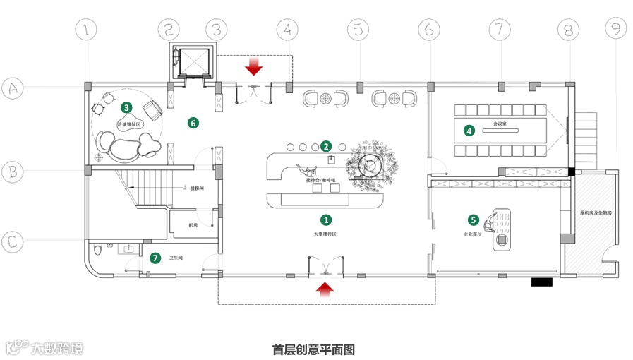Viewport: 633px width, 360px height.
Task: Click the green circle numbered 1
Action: pyautogui.click(x=325, y=220)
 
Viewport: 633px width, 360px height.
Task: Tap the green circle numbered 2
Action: pyautogui.click(x=326, y=146)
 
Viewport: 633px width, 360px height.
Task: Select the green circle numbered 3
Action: pyautogui.click(x=126, y=107)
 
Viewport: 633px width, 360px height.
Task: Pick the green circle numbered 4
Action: pyautogui.click(x=469, y=130)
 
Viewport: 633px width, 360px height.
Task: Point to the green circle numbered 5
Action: pyautogui.click(x=474, y=220)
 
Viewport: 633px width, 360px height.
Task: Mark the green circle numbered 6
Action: pyautogui.click(x=193, y=122)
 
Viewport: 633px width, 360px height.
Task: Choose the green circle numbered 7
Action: pyautogui.click(x=155, y=258)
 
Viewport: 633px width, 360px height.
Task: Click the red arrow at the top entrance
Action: pyautogui.click(x=254, y=66)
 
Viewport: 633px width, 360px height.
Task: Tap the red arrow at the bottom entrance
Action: pyautogui.click(x=325, y=288)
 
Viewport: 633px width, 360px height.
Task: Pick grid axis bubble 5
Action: pyautogui.click(x=358, y=29)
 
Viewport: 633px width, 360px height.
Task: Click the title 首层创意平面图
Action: pyautogui.click(x=313, y=349)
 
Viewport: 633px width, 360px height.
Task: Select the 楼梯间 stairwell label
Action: pyautogui.click(x=198, y=188)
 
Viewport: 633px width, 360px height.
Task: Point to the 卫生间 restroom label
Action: pyautogui.click(x=176, y=258)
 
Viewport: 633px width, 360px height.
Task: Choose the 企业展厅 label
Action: pyautogui.click(x=472, y=233)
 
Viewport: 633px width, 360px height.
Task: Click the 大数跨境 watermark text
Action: pyautogui.click(x=56, y=348)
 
